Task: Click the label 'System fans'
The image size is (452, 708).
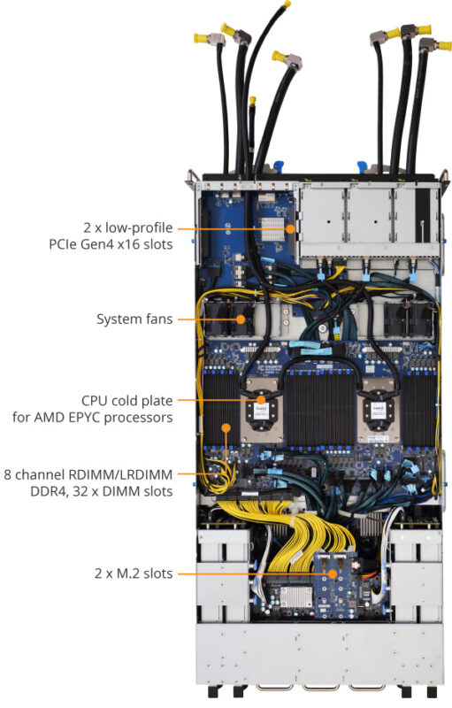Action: pos(134,318)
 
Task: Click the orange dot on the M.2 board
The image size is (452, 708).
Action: pos(333,573)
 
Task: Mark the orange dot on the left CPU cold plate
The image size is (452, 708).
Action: pos(261,400)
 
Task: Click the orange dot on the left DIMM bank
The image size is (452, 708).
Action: pos(226,427)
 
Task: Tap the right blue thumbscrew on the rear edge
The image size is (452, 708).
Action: pos(361,165)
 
